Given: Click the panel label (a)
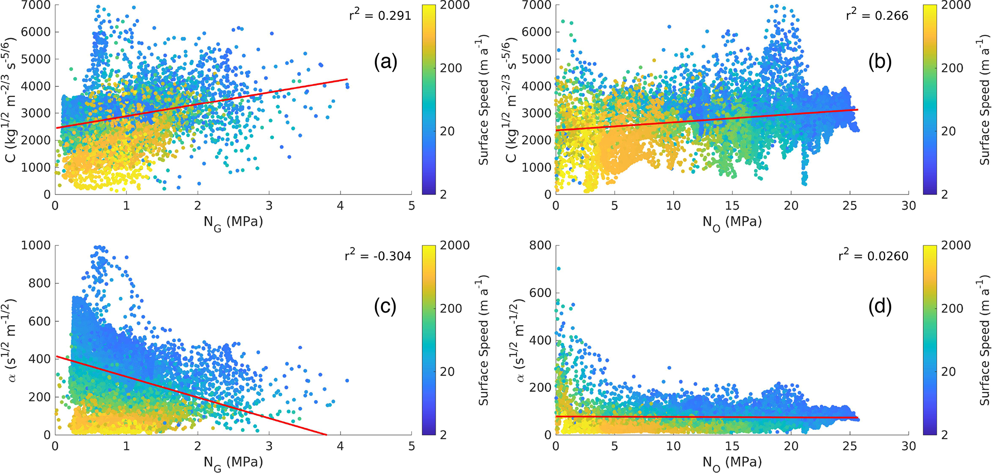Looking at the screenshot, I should click(x=386, y=62).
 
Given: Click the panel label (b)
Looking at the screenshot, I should click(x=880, y=62).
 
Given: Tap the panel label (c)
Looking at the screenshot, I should click(x=385, y=306).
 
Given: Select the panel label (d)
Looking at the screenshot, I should click(x=880, y=306).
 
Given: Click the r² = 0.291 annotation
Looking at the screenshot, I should click(x=380, y=15).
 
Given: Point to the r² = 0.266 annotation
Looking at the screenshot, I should click(x=877, y=15).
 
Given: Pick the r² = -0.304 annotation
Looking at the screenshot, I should click(x=378, y=256).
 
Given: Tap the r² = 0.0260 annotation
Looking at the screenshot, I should click(x=873, y=256).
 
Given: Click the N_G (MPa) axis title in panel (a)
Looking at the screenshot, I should click(x=233, y=222).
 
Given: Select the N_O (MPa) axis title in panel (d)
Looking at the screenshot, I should click(x=732, y=463).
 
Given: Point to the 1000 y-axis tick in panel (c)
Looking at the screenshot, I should click(x=36, y=246).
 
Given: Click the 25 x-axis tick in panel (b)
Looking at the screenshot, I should click(x=849, y=206).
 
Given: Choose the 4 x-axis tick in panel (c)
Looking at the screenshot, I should click(x=340, y=447).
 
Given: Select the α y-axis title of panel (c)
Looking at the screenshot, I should click(x=14, y=340).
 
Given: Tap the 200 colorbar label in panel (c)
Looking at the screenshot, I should click(x=452, y=308).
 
